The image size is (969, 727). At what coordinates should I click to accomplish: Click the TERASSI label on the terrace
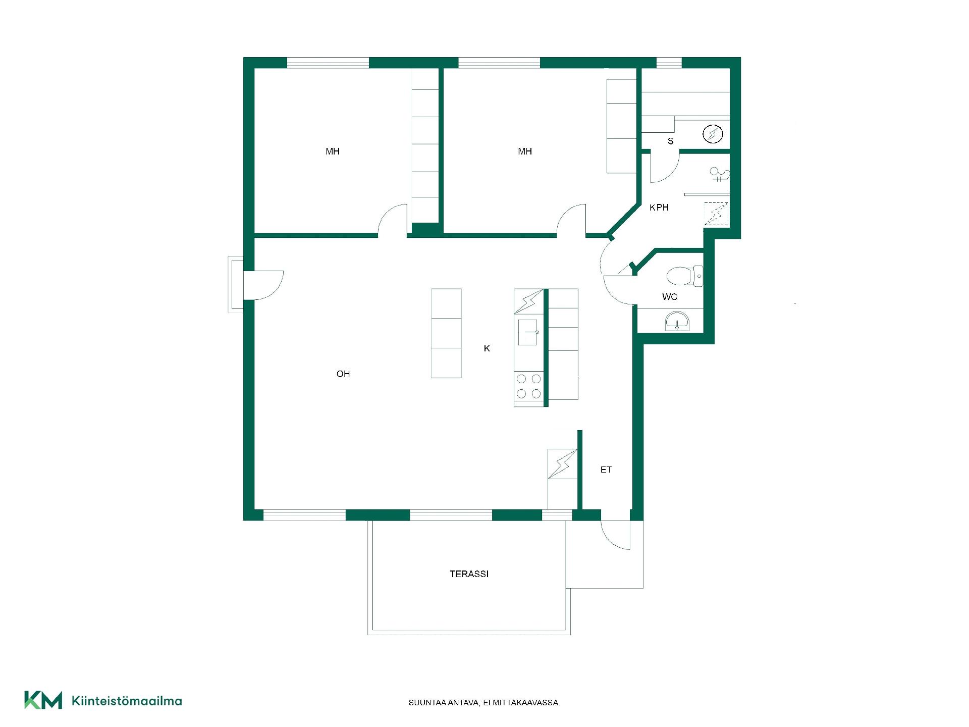(x=469, y=574)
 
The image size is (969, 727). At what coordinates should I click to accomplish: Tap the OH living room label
(x=343, y=374)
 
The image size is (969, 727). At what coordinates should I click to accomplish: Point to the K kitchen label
(x=487, y=348)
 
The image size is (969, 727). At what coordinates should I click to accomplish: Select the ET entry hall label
(x=606, y=470)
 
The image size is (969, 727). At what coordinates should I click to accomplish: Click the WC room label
(x=670, y=297)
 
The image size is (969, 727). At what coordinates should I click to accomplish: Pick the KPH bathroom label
(x=659, y=207)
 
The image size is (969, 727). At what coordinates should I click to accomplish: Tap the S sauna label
(x=671, y=141)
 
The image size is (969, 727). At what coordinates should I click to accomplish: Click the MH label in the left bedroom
(x=333, y=151)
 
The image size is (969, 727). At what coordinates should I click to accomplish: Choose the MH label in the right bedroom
(x=525, y=151)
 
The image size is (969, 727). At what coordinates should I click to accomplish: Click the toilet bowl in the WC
(x=684, y=276)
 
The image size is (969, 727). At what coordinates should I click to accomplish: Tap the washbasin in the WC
(x=677, y=321)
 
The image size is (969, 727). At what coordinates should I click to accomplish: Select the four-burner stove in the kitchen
(x=529, y=386)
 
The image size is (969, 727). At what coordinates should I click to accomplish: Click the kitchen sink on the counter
(x=528, y=332)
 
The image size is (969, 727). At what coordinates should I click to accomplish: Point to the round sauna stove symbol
(x=713, y=134)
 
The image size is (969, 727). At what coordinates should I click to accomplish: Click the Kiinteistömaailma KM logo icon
(x=43, y=700)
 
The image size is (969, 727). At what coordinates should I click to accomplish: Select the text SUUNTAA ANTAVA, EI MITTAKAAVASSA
(x=484, y=703)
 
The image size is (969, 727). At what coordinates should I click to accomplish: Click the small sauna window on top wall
(x=669, y=63)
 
